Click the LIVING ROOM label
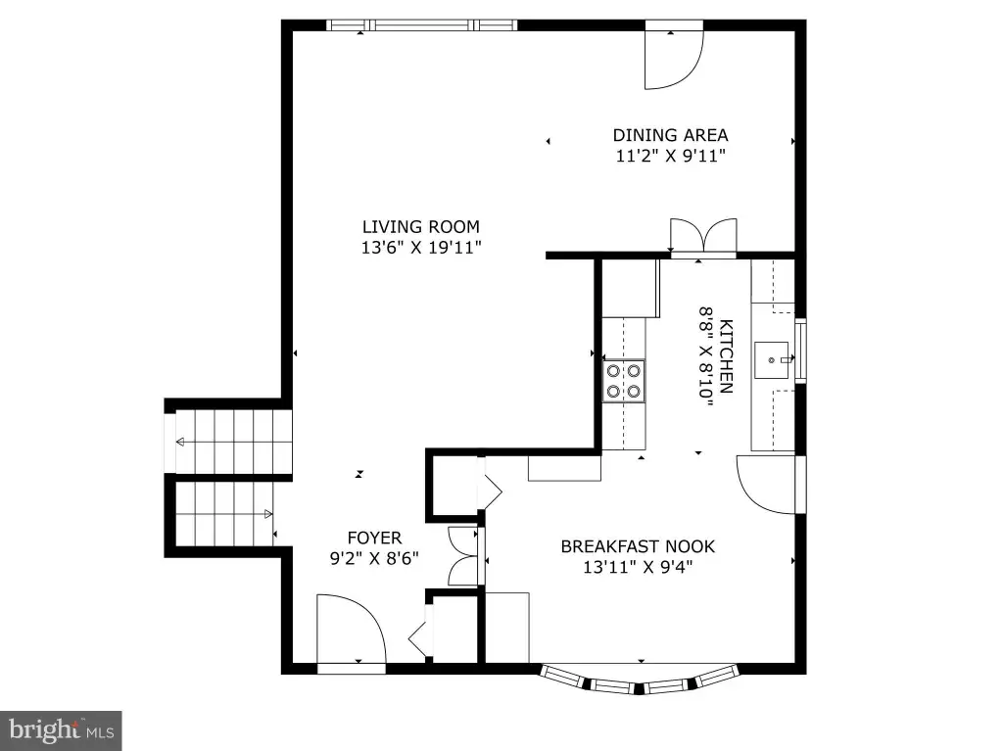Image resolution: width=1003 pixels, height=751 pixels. tap(421, 226)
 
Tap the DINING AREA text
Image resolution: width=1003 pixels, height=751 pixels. tap(670, 135)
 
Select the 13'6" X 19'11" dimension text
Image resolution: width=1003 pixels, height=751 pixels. tap(421, 247)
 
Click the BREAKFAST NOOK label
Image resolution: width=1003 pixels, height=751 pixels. tap(638, 546)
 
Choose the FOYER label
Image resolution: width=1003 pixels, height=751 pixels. tap(375, 538)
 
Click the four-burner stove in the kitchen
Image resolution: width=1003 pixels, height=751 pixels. tap(624, 381)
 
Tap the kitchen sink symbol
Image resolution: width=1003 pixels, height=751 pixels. tap(772, 360)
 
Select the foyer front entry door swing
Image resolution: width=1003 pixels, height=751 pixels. tap(352, 629)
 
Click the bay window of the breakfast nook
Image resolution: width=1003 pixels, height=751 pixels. tap(640, 680)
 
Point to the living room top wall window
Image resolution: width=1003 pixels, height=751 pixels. tap(421, 25)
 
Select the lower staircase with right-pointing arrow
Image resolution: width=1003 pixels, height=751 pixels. tap(224, 514)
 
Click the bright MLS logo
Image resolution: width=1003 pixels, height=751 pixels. tap(61, 730)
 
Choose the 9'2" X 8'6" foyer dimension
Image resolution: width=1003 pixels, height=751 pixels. tap(374, 558)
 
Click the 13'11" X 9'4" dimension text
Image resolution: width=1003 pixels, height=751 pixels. tap(638, 567)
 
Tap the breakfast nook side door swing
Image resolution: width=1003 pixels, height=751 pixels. tap(766, 485)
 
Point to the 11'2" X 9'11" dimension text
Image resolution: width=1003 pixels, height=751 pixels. tap(670, 156)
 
